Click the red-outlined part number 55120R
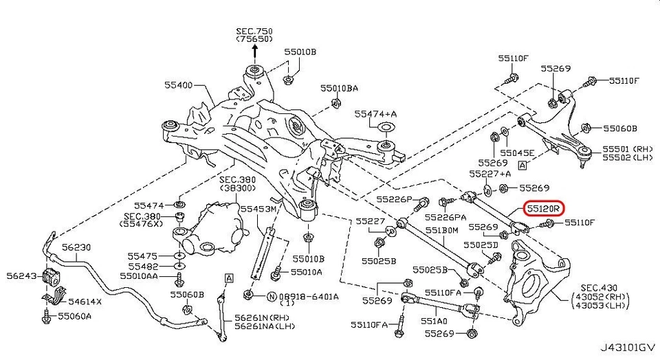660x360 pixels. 544,206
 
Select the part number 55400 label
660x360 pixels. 179,86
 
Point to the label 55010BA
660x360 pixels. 339,88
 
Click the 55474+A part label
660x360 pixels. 377,113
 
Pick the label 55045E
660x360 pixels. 517,153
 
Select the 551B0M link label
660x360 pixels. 441,230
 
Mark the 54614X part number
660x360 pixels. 85,301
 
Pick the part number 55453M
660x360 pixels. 258,207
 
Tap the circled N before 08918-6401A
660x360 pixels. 272,297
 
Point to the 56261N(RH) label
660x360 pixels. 262,317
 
